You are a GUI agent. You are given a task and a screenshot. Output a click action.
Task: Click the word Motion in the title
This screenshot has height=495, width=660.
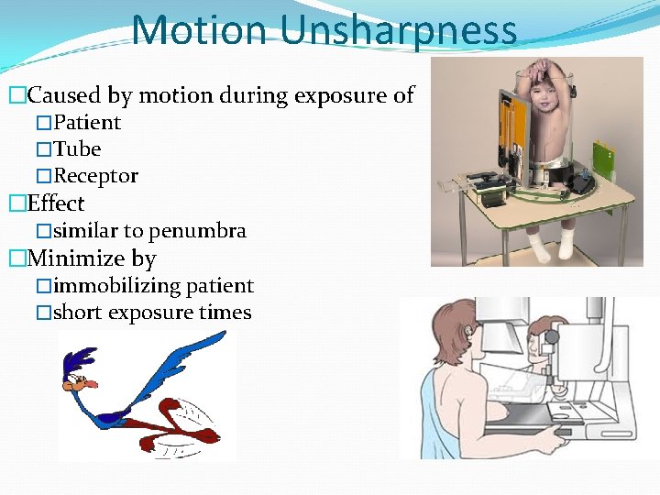tap(201, 29)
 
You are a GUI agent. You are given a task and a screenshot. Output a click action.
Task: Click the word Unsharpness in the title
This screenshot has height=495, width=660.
tap(399, 29)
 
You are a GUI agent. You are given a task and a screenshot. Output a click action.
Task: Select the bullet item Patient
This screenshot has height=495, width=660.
tap(87, 122)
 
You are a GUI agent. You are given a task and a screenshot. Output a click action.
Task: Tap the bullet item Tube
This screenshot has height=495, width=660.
tap(77, 148)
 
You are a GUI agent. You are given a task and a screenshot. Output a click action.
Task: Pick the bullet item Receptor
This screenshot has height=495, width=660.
tap(95, 175)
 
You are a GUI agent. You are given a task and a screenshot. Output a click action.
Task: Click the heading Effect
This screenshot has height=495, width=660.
tap(56, 203)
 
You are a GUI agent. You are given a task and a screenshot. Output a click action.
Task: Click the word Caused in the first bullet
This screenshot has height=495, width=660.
tap(64, 94)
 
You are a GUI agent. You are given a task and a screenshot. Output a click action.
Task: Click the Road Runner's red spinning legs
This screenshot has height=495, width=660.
tap(183, 426)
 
